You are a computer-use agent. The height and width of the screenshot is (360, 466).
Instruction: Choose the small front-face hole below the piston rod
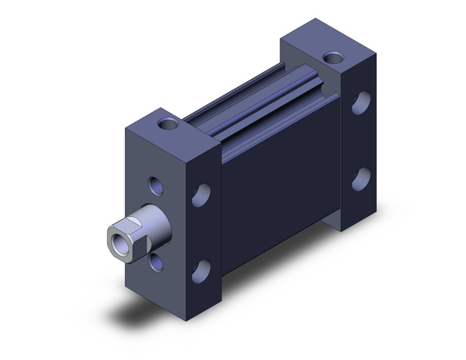point(157,262)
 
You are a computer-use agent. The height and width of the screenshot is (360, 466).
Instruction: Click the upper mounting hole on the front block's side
point(199,196)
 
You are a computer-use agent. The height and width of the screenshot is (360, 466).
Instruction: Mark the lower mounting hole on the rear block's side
point(362,178)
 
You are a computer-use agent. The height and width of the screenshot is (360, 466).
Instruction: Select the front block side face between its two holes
point(200,233)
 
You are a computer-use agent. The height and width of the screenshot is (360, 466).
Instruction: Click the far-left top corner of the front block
point(125,128)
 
